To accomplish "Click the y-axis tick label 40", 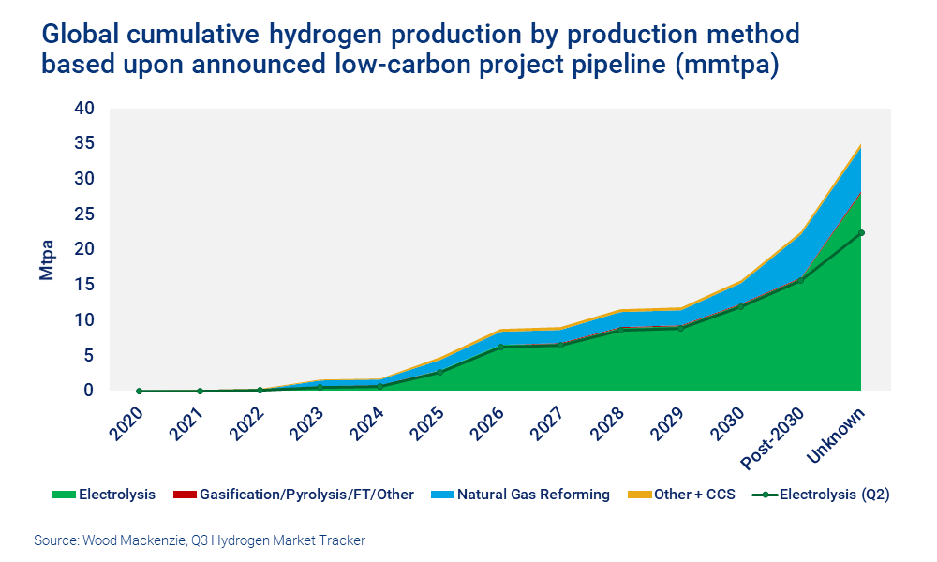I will pos(84,109).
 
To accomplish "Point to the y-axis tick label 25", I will pos(84,214).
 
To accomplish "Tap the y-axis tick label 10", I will pos(84,320).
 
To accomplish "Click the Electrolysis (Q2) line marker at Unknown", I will pos(861,233).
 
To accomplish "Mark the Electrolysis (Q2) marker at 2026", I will pos(500,348).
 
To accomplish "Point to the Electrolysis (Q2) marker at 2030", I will pos(741,306).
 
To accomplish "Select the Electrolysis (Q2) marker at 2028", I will pos(620,330).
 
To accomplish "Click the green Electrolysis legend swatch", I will pos(63,495).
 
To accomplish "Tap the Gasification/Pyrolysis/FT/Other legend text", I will pos(306,495).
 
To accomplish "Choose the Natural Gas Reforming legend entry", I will pos(533,495).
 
